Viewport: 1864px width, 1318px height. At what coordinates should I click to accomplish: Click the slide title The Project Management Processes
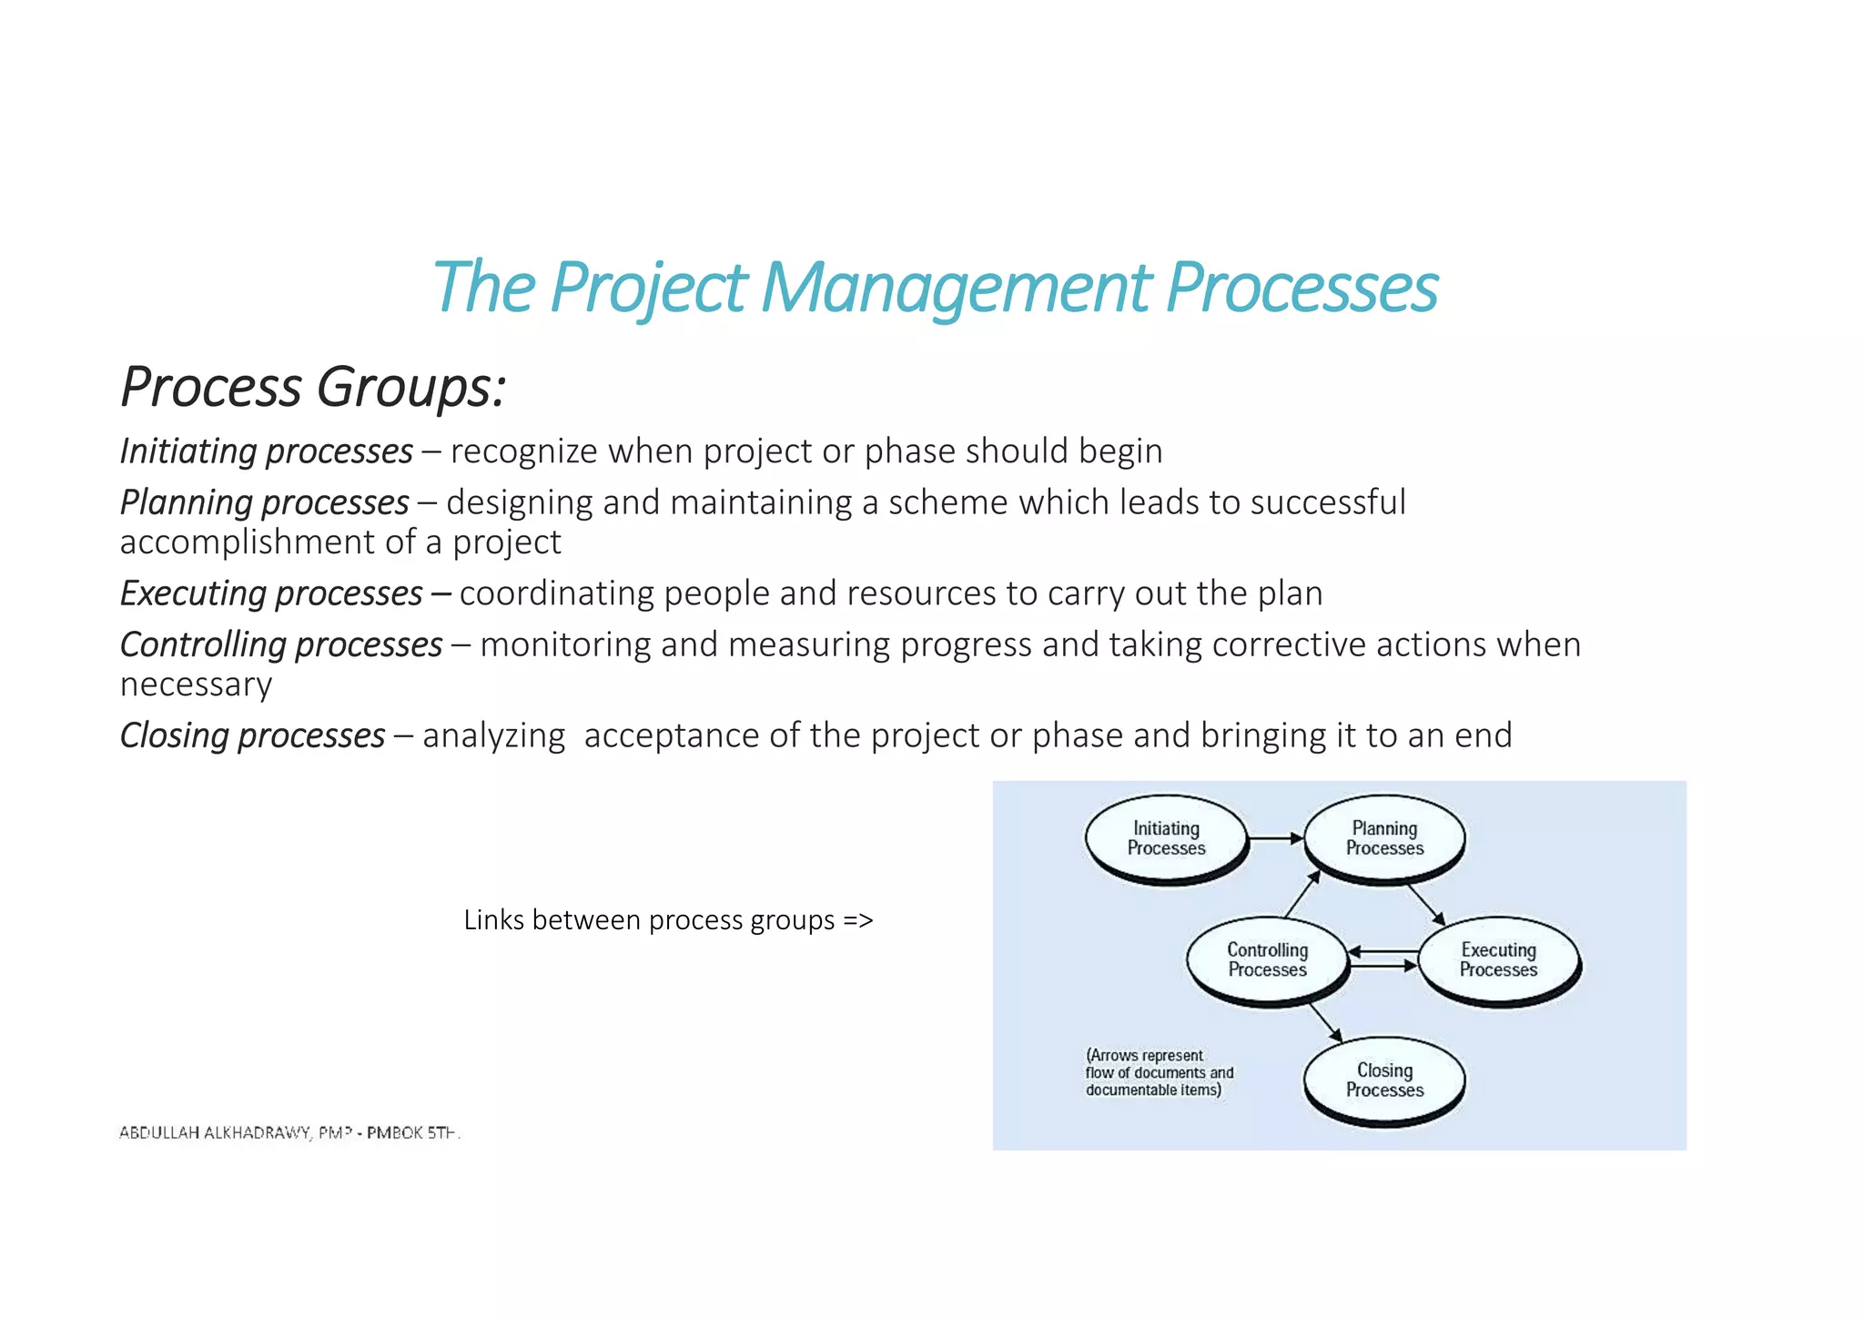tap(935, 288)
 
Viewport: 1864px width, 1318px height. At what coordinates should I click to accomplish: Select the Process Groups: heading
tap(312, 387)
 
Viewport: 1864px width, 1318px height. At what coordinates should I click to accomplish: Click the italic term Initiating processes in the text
tap(266, 451)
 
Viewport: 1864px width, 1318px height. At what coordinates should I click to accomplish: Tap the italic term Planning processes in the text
tap(264, 502)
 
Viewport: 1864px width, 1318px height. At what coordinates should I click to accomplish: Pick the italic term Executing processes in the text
tap(271, 593)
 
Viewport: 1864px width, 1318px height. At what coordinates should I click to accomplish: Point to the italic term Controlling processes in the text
tap(281, 644)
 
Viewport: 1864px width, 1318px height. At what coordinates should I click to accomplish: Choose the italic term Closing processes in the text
tap(252, 735)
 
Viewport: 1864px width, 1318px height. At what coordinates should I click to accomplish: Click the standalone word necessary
tap(196, 684)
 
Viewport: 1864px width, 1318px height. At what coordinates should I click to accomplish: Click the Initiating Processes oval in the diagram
tap(1166, 838)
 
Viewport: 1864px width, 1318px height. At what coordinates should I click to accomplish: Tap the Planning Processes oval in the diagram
tap(1384, 838)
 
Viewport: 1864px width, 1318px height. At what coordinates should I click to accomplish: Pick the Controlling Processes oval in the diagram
tap(1267, 960)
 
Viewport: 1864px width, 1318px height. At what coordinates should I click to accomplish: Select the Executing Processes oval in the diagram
tap(1498, 960)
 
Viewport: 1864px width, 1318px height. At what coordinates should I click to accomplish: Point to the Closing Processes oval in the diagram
tap(1384, 1080)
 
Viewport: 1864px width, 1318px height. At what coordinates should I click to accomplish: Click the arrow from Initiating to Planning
tap(1276, 838)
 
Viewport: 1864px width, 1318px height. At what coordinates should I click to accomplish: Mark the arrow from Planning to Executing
tap(1425, 904)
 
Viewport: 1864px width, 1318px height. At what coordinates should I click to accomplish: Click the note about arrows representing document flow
tap(1159, 1073)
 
